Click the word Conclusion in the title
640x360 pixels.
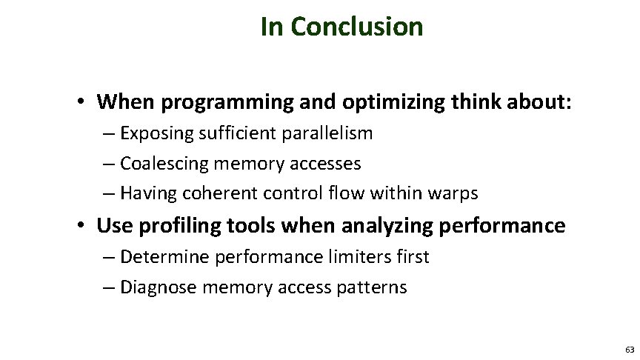pos(357,27)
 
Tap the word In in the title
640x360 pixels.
pos(272,27)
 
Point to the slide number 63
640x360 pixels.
pos(629,348)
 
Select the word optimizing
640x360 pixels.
pos(341,100)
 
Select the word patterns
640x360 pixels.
pos(372,287)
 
